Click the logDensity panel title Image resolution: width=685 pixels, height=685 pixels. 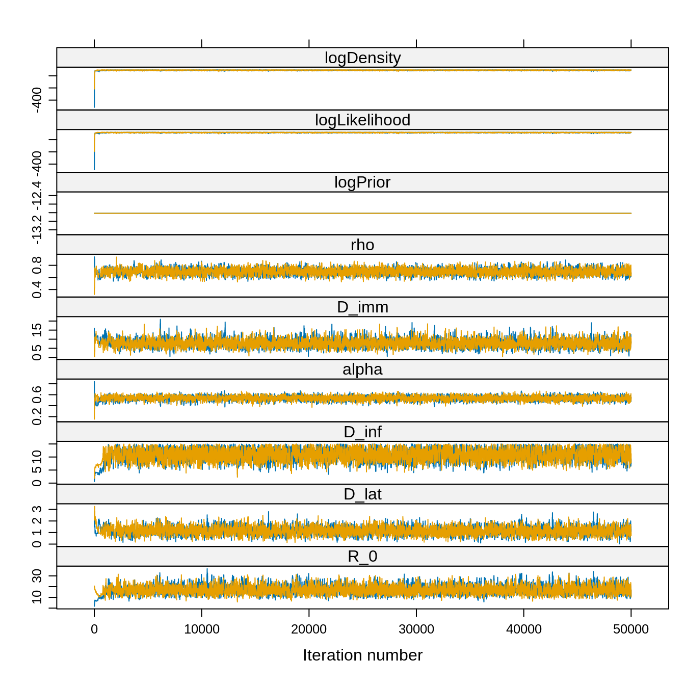coord(362,58)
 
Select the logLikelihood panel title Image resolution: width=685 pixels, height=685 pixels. coord(362,120)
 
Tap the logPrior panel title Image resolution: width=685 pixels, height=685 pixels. coord(362,182)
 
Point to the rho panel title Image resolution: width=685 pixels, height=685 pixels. coord(362,245)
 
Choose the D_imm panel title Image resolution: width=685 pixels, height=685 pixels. coord(362,307)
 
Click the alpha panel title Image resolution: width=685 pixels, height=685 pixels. coord(362,370)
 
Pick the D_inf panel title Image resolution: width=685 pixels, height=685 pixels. coord(362,432)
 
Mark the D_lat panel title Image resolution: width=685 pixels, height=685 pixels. coord(362,494)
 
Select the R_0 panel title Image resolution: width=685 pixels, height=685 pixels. coord(362,557)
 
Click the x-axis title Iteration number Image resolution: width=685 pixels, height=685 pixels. coord(362,655)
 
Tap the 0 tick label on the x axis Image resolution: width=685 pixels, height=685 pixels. coord(94,629)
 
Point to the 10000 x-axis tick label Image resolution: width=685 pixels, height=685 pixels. coord(202,629)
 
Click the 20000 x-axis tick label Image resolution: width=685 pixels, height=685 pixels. coord(309,629)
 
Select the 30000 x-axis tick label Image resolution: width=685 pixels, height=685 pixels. coord(416,629)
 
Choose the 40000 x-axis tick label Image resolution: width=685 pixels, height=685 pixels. coord(524,629)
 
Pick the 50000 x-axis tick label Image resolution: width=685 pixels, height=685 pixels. coord(631,629)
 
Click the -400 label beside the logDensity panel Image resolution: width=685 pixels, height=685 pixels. coord(37,100)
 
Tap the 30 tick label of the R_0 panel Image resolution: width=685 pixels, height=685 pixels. coord(37,576)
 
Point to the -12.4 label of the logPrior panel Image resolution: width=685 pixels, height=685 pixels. coord(37,195)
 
